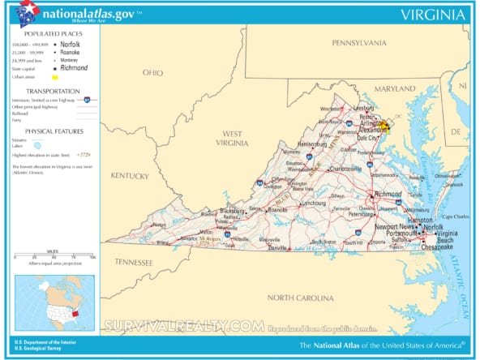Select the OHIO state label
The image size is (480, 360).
click(x=152, y=72)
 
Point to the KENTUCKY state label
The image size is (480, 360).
click(x=130, y=175)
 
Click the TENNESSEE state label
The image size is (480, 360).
click(x=133, y=262)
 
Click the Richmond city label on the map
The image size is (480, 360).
click(x=388, y=195)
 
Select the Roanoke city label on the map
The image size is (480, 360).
click(x=278, y=208)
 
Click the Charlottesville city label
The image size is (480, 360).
click(x=334, y=169)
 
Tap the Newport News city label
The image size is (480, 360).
click(x=392, y=227)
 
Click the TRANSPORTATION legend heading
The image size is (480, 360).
click(x=51, y=91)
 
